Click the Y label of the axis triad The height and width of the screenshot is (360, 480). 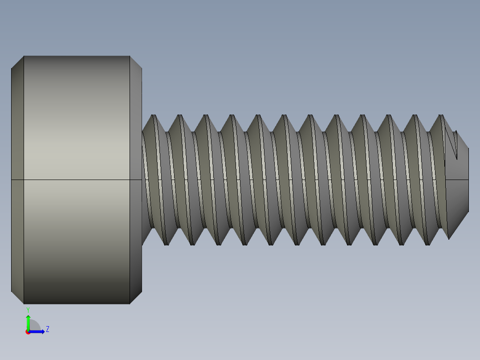[28, 309]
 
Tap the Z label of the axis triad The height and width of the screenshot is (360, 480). [47, 329]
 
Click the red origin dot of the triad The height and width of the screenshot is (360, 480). [28, 332]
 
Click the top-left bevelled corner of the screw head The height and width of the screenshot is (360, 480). [17, 62]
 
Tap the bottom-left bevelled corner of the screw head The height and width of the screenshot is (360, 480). [17, 298]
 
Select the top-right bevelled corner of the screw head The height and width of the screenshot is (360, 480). [136, 62]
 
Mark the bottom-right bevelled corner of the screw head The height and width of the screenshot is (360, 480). [136, 298]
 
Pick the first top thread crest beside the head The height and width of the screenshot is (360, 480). [154, 116]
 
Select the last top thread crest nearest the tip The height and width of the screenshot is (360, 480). [441, 116]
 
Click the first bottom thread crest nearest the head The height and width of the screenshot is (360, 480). [167, 244]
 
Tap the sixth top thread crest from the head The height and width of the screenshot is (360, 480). [285, 116]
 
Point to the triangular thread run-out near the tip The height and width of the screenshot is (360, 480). [452, 144]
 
